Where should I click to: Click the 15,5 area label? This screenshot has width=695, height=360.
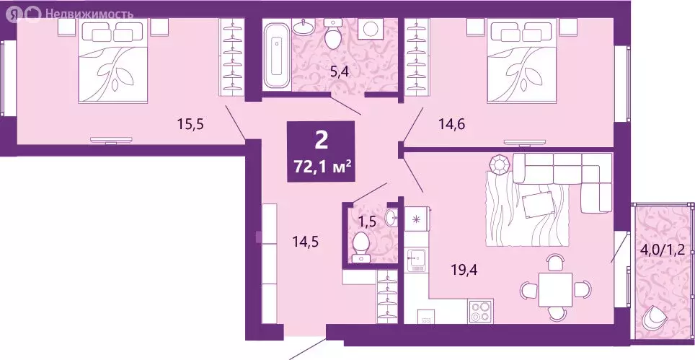coord(191,124)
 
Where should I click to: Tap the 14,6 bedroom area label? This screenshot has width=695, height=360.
coord(451,124)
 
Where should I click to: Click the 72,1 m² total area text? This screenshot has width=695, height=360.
coord(321,167)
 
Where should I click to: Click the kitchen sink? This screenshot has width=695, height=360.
coord(417,260)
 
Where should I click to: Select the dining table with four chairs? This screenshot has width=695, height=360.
coord(554,289)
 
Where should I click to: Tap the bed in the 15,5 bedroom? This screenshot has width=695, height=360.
coord(115,61)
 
